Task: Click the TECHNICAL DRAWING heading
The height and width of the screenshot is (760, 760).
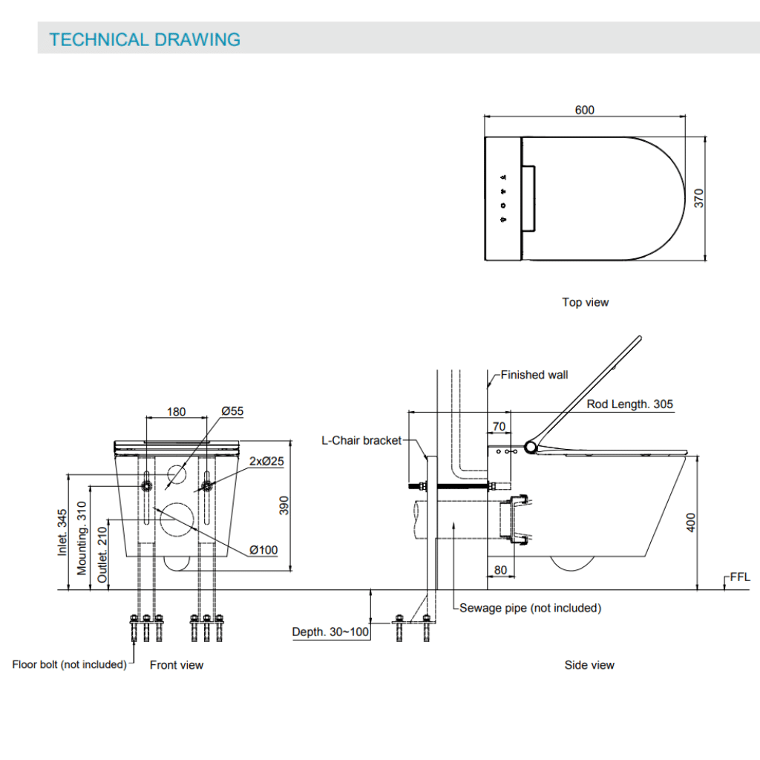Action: click(145, 39)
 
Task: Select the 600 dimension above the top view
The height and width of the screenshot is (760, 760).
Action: click(584, 110)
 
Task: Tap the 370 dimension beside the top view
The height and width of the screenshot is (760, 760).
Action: click(698, 198)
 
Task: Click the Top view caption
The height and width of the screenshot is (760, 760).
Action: click(585, 302)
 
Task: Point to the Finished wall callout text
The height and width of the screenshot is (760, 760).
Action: click(534, 375)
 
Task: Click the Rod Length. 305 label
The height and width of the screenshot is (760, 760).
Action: click(629, 404)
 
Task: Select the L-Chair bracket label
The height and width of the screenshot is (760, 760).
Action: click(361, 440)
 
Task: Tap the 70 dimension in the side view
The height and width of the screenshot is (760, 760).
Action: click(499, 426)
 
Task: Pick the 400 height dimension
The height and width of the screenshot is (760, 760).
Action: click(690, 523)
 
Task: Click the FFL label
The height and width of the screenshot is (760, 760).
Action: click(740, 577)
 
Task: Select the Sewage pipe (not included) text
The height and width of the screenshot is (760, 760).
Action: click(530, 608)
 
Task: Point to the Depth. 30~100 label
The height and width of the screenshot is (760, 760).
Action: click(330, 632)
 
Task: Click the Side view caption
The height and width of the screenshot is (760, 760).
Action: click(589, 665)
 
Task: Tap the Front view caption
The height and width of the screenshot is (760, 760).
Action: click(177, 665)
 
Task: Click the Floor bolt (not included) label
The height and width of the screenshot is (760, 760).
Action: click(69, 664)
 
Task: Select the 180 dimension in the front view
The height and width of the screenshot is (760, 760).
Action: click(176, 412)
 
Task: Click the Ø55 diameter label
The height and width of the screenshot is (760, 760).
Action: click(232, 410)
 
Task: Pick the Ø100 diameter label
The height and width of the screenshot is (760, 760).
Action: click(263, 550)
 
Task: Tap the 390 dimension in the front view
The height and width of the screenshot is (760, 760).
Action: click(283, 505)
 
